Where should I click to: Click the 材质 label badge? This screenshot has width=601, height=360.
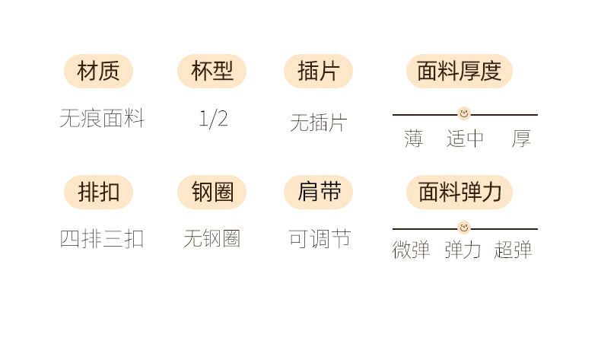coord(98,71)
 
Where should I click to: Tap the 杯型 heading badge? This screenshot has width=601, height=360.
coord(212,71)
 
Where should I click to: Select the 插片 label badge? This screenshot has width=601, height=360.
coord(318,71)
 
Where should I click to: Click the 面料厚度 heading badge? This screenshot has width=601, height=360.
coord(459,71)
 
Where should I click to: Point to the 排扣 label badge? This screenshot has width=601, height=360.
coord(98,192)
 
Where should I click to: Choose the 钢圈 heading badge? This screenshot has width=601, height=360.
coord(212,192)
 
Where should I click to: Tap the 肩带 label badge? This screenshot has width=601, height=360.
coord(319,192)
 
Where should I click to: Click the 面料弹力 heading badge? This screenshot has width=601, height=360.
coord(459,192)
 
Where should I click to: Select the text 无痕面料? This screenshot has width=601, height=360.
coord(102,118)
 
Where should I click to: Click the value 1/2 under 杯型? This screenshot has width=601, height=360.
coord(213,118)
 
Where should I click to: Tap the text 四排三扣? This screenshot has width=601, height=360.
coord(102,238)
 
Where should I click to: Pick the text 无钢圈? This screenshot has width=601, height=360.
coord(212,238)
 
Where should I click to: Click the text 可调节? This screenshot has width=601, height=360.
coord(320,238)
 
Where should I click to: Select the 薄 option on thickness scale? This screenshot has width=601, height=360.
coord(414,139)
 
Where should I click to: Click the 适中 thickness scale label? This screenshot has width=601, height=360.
coord(465,139)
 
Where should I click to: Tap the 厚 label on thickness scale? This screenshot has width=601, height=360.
coord(521,139)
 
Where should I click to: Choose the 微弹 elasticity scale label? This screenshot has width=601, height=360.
coord(412,250)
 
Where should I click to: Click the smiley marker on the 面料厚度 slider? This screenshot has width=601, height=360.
coord(464,114)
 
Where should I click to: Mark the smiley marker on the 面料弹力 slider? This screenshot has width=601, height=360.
coord(464,228)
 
